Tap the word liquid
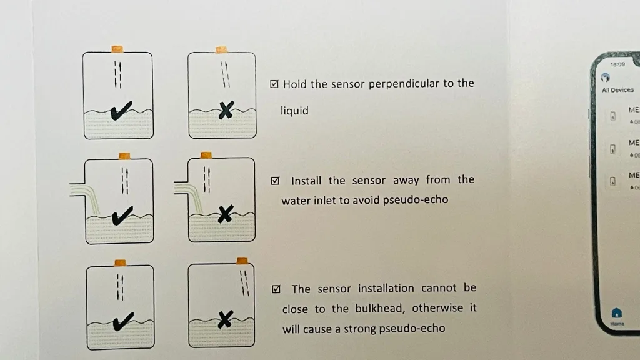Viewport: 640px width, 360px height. tap(294, 111)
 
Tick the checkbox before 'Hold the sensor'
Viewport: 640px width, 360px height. tap(274, 84)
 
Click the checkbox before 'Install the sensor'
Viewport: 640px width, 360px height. tap(275, 181)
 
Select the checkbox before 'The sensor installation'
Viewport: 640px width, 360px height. tap(276, 289)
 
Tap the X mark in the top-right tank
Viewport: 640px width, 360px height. tap(226, 112)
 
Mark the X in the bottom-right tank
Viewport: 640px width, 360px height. tap(225, 321)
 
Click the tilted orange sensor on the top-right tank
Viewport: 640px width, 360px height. tap(221, 49)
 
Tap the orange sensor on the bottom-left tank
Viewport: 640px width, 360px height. tap(120, 262)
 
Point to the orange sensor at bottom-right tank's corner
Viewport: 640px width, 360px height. tap(242, 261)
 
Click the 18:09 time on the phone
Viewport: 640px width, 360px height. tap(617, 64)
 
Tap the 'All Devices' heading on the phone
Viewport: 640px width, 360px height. tap(617, 90)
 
